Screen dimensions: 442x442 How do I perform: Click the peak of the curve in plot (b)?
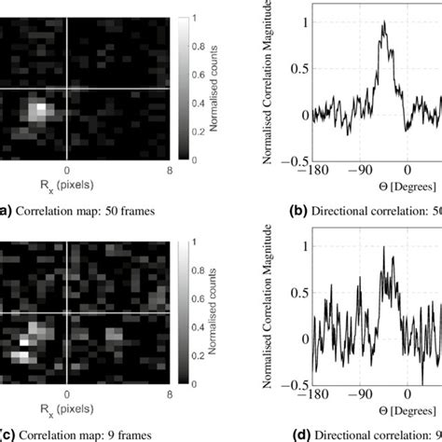[382, 24]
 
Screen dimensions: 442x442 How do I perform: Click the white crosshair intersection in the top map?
[67, 90]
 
